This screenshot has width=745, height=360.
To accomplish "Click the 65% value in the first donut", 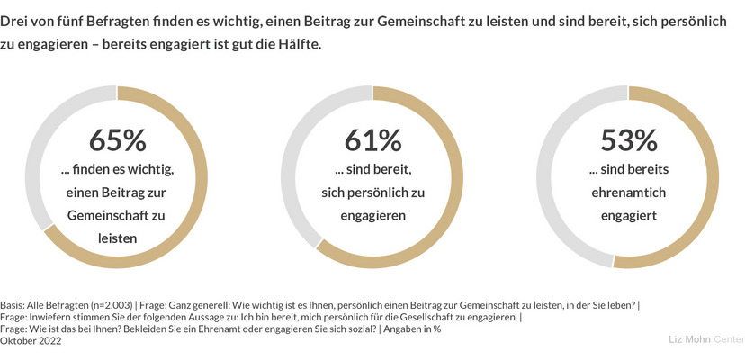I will [117, 141].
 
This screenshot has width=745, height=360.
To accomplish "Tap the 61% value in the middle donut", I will [372, 141].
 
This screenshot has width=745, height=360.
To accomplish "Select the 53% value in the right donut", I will [629, 141].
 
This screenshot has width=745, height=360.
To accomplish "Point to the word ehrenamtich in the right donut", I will [629, 193].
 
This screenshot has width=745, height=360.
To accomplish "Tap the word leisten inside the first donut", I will [117, 238].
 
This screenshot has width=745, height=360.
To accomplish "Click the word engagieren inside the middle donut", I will [372, 216].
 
